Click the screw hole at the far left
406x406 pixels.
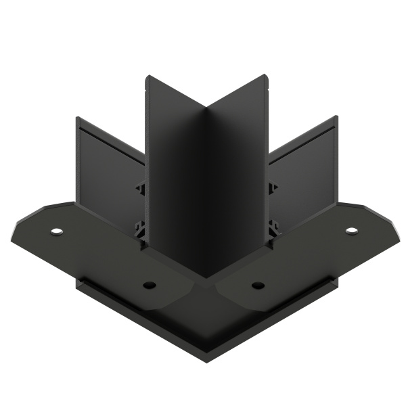55,231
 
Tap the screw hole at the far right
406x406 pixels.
351,231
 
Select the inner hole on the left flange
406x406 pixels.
150,285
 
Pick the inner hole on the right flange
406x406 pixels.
257,285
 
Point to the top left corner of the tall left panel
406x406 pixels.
147,76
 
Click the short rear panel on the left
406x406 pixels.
108,169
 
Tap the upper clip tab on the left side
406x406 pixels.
140,187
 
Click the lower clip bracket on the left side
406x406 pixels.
141,228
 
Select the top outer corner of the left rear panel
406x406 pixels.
77,118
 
